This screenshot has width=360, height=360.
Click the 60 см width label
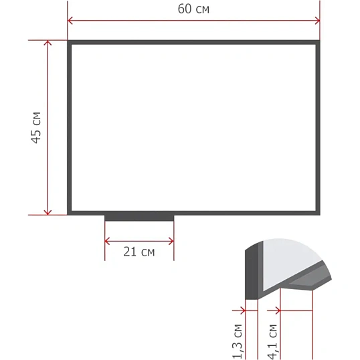click(193, 9)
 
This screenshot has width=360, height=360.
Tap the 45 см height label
click(36, 128)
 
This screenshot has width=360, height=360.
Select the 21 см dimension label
click(139, 252)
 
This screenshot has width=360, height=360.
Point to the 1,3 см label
click(238, 342)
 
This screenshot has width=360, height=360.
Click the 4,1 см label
click(272, 342)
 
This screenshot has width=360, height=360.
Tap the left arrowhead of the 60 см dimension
click(70, 21)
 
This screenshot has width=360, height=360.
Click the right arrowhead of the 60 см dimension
click(317, 21)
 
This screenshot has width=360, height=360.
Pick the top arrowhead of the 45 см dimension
click(48, 43)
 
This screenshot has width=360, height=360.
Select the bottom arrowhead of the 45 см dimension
click(48, 212)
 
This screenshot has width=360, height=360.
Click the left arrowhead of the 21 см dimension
click(107, 242)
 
